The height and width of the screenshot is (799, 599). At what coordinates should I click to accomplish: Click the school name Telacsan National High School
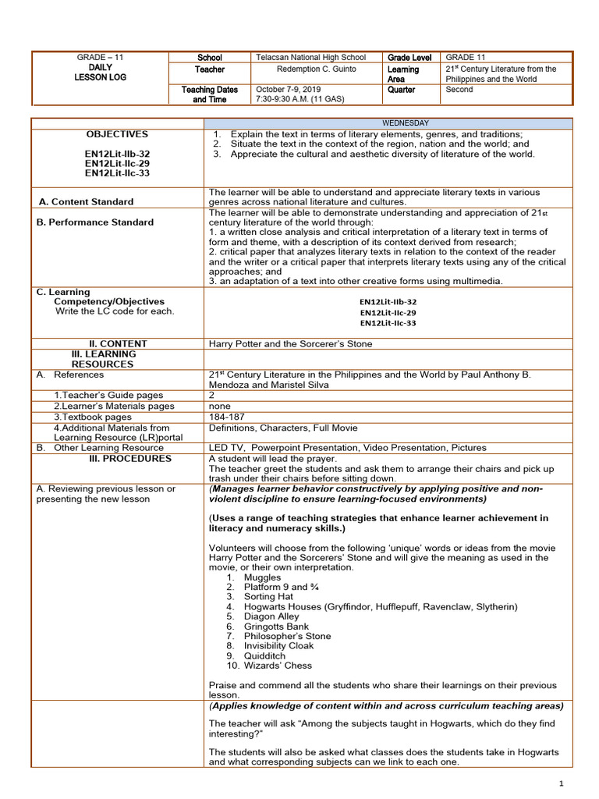pos(310,58)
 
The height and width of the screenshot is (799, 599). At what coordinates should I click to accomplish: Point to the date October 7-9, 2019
pos(288,90)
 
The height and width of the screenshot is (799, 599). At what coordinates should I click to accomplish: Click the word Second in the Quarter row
pos(459,90)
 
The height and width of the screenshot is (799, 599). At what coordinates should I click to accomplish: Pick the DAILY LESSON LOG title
pos(101,73)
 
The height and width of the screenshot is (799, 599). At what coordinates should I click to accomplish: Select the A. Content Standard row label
pos(86,201)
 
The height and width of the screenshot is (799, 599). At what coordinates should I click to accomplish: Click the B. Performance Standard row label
pos(95,222)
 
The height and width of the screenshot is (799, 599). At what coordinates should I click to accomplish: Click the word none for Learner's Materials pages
pos(219,407)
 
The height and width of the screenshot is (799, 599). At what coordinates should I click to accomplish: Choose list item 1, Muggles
pos(262,577)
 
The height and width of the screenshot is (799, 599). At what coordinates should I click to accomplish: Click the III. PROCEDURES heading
pos(129,459)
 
